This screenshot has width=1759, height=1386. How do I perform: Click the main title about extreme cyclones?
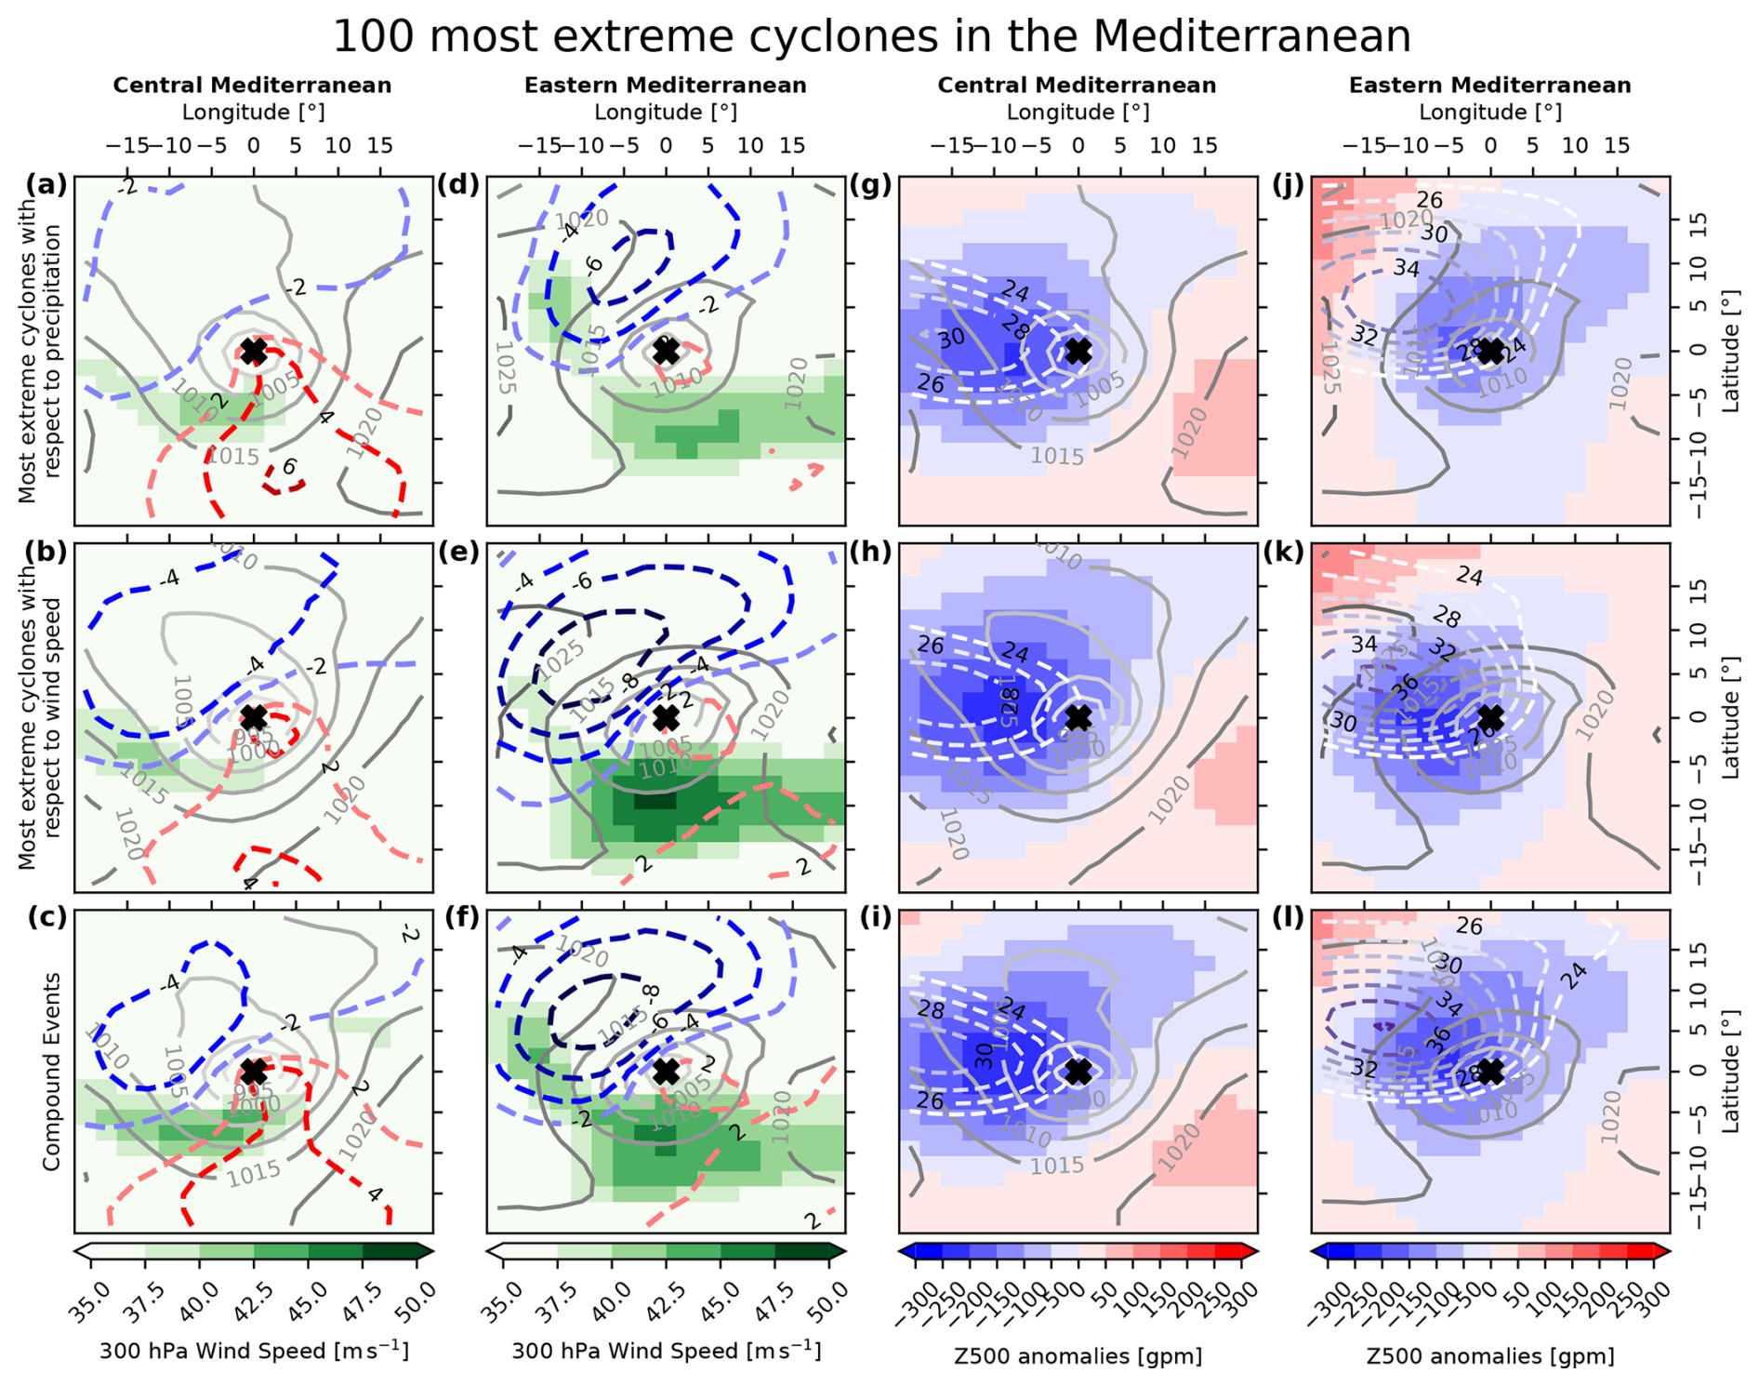[x=872, y=37]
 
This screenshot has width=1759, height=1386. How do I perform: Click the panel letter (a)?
[x=46, y=184]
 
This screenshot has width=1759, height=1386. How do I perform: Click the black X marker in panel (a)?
[x=253, y=352]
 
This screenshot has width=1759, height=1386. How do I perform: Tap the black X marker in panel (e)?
[x=666, y=718]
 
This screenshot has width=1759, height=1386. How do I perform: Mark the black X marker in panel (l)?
[x=1490, y=1072]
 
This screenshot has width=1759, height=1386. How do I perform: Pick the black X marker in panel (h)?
[x=1078, y=718]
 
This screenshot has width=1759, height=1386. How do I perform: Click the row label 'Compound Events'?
[x=51, y=1072]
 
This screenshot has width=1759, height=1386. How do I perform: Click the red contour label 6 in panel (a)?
[x=289, y=467]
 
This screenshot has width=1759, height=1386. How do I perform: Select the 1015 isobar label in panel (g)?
[x=1057, y=457]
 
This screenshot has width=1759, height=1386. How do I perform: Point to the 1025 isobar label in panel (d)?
[x=505, y=367]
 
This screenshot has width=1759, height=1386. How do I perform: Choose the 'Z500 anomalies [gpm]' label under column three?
[x=1078, y=1356]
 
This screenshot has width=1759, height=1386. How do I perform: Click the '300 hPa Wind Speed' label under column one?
[x=253, y=1351]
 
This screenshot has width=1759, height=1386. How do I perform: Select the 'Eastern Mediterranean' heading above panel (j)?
[x=1489, y=86]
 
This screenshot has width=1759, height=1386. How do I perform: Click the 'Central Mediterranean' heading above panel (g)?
[x=1077, y=86]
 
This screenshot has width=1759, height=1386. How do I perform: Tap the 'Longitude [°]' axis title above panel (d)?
[x=666, y=113]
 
